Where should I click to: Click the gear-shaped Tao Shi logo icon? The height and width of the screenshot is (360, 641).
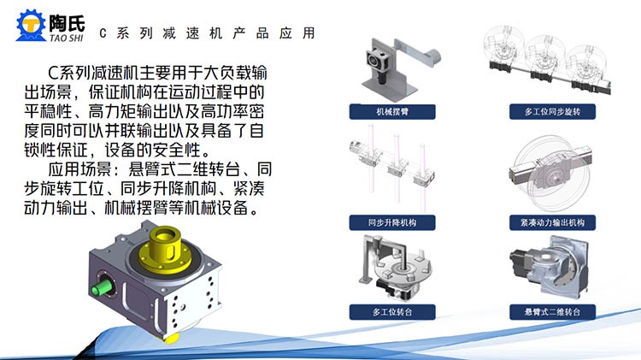pyautogui.click(x=31, y=26)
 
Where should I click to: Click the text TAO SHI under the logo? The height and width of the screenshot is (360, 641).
pyautogui.click(x=67, y=38)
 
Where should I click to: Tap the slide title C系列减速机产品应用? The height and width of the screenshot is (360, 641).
pyautogui.click(x=208, y=33)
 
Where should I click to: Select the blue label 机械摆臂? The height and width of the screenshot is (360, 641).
pyautogui.click(x=392, y=112)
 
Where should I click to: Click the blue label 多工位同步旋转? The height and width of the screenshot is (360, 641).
pyautogui.click(x=552, y=112)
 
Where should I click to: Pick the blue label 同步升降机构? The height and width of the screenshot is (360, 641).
pyautogui.click(x=392, y=222)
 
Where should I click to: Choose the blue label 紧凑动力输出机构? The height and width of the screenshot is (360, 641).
pyautogui.click(x=552, y=222)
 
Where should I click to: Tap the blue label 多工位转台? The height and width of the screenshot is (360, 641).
pyautogui.click(x=392, y=312)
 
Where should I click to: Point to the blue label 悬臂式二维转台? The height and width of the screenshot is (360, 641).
pyautogui.click(x=552, y=312)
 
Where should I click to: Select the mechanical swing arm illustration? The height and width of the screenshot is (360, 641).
pyautogui.click(x=398, y=68)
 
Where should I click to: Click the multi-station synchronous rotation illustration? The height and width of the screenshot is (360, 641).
pyautogui.click(x=547, y=59)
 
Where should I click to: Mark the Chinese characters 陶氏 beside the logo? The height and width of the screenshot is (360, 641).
pyautogui.click(x=67, y=23)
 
